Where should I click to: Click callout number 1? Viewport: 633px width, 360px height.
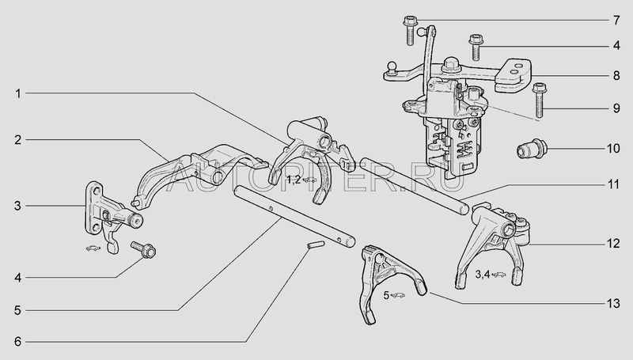[x=17, y=93]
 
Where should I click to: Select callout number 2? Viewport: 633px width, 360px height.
[x=17, y=140]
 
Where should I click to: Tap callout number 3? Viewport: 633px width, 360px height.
[x=17, y=206]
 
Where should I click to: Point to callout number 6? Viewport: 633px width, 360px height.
[x=17, y=342]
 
